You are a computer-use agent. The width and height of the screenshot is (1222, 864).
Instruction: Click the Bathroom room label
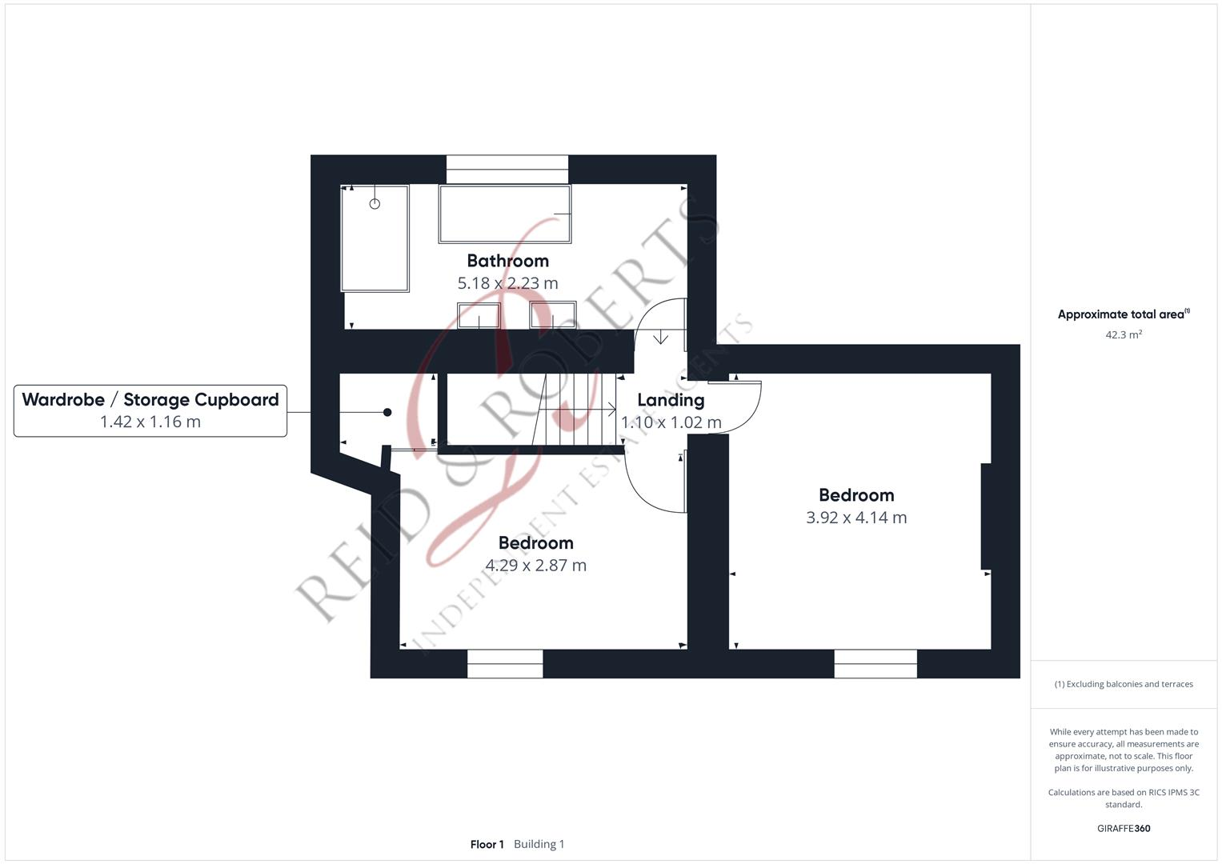tap(507, 261)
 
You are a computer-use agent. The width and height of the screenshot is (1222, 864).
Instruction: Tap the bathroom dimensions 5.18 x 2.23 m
tap(507, 283)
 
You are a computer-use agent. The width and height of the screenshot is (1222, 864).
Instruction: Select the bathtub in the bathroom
tap(504, 214)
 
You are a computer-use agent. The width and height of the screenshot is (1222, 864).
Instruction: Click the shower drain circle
tap(375, 204)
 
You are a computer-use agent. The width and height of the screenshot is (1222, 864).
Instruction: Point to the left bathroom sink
tap(479, 315)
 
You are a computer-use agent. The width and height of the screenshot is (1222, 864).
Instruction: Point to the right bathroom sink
tap(552, 314)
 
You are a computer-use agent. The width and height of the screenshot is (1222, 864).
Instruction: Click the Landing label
tap(671, 400)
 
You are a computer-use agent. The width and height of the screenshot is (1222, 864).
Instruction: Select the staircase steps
tap(575, 409)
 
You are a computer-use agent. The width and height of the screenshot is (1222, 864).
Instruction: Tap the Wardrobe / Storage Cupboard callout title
tap(150, 400)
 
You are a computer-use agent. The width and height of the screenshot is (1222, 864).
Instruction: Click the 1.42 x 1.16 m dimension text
tap(150, 422)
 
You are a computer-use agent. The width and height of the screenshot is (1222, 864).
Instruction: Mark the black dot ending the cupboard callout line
tap(387, 413)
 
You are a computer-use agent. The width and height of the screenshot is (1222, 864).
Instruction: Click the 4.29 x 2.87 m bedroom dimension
tap(535, 566)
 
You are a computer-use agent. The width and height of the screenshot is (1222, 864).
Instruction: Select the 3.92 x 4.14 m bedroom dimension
tap(856, 518)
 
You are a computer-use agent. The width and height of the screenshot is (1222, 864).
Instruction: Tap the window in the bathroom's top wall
tap(507, 170)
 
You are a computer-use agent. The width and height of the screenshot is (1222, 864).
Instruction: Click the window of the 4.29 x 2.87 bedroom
tap(505, 663)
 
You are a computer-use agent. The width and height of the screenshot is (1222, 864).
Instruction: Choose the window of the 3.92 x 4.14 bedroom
tap(875, 663)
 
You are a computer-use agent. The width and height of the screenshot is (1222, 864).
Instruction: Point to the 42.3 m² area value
tap(1123, 335)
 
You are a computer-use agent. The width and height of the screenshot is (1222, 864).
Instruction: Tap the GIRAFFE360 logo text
tap(1123, 828)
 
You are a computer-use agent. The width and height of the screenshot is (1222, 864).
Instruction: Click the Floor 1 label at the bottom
tap(487, 844)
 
